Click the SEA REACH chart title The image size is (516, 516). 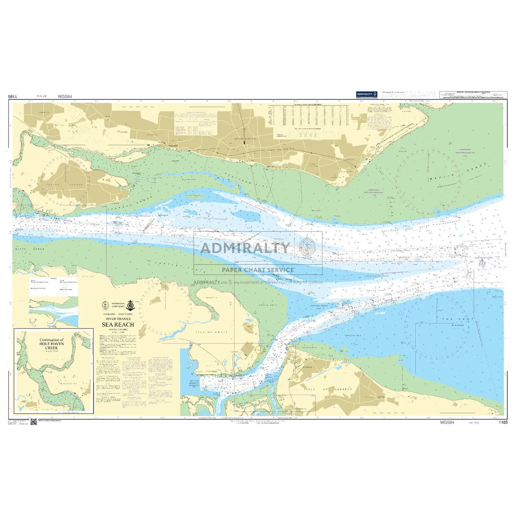[118, 324]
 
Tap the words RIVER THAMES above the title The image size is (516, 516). [118, 318]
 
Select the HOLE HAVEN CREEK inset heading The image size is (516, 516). [51, 343]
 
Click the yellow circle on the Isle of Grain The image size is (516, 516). [259, 349]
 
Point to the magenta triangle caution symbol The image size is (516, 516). [482, 262]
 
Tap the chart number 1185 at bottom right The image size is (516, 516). [503, 422]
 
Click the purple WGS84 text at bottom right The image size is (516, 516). [447, 422]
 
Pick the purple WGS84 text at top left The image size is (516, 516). [65, 96]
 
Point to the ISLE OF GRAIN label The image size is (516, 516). [215, 332]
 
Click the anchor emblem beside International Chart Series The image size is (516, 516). [131, 306]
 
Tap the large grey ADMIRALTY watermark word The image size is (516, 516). [245, 248]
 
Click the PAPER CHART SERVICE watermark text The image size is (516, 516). [258, 269]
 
